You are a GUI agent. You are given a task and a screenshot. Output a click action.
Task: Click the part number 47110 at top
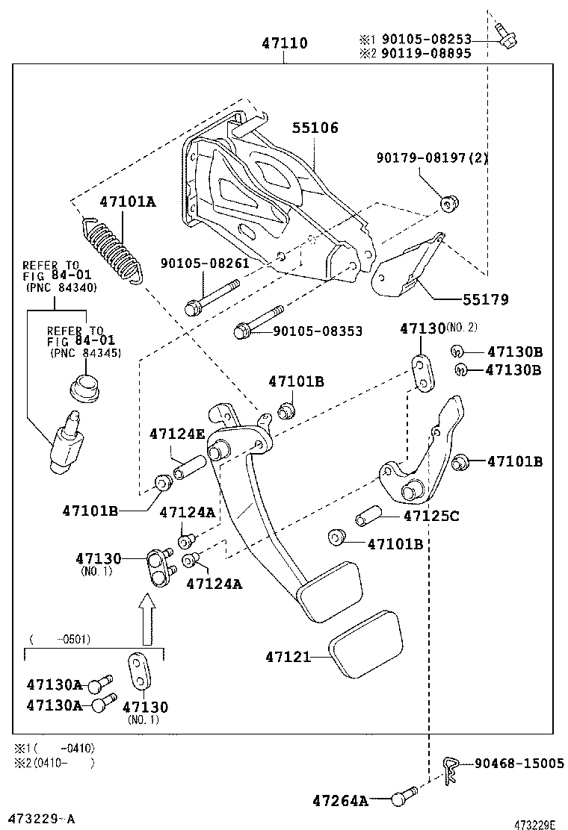tap(285, 44)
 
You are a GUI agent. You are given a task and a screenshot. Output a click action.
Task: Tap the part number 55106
tap(315, 128)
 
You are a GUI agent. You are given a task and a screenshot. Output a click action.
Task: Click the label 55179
tap(485, 299)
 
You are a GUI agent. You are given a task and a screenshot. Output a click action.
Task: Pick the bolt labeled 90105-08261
tap(212, 297)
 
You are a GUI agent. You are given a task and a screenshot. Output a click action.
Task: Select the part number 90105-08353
tap(318, 331)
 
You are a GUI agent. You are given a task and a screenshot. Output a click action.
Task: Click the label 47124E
tap(177, 434)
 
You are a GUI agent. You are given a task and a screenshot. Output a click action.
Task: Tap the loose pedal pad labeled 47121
tap(367, 643)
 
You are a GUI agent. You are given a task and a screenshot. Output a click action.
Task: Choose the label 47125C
tap(431, 515)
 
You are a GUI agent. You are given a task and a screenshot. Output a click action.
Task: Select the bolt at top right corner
tap(506, 34)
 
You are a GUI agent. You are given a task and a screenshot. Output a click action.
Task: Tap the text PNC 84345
tap(85, 352)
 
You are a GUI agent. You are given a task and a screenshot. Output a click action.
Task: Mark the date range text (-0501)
tap(59, 639)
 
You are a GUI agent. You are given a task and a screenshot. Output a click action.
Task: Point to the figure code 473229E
tap(534, 824)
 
